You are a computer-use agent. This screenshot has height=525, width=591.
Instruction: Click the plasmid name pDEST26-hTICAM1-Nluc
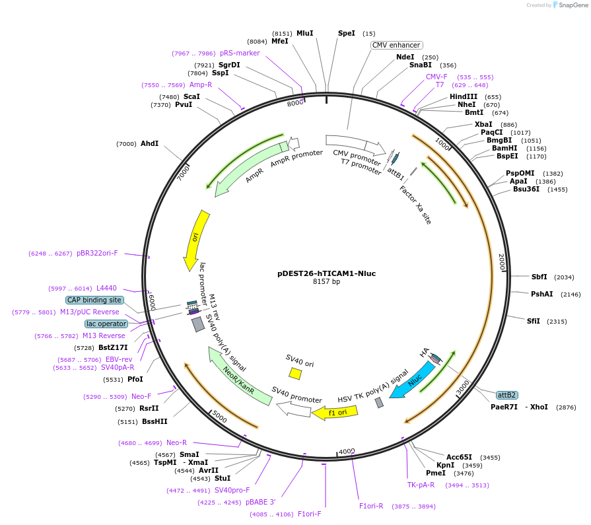coord(326,273)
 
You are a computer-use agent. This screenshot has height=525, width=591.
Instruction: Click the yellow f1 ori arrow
coord(335,413)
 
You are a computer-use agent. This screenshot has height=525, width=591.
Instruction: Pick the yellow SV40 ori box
coord(295,373)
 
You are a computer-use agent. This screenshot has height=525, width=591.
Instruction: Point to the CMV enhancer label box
coord(396,46)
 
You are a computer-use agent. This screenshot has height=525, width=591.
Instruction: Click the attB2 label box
coord(506,395)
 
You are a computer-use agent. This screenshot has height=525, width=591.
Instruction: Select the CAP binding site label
coord(94,300)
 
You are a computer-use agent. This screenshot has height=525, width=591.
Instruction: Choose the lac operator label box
coord(106,324)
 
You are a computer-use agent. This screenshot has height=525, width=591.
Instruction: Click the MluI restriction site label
coord(304,33)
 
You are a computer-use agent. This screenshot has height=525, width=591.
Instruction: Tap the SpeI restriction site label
coord(347,33)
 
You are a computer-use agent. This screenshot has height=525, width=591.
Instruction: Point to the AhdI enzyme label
coord(149,143)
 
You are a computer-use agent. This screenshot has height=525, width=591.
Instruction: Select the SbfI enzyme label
coord(539,277)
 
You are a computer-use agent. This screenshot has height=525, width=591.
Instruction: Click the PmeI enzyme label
coord(436,473)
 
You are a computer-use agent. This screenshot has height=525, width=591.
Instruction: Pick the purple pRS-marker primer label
coord(240,53)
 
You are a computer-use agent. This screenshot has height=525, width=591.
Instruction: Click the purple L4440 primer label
coord(106,288)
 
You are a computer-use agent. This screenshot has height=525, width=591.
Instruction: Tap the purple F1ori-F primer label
coord(309,514)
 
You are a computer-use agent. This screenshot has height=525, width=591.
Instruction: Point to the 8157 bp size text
coord(326,282)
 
